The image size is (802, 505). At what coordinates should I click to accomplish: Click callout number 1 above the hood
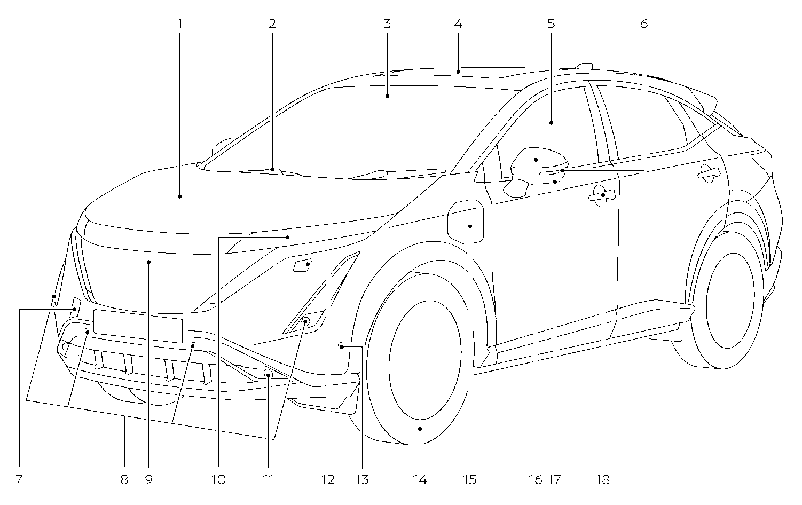[180, 24]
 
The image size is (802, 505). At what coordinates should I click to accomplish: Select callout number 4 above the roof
[458, 24]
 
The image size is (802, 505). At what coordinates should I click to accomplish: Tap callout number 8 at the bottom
[124, 480]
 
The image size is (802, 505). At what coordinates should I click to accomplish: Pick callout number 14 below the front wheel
[420, 480]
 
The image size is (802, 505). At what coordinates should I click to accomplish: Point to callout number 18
[603, 480]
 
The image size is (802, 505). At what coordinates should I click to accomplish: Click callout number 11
[268, 480]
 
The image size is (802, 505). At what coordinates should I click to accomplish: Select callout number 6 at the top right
[643, 24]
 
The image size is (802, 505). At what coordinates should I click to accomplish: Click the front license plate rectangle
[138, 326]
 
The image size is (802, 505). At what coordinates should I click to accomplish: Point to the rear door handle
[708, 172]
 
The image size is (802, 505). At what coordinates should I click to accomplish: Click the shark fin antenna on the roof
[584, 66]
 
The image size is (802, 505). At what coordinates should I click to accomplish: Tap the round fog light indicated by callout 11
[268, 375]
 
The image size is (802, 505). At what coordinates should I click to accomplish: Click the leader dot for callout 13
[341, 346]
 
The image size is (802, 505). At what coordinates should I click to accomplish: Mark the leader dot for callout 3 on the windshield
[387, 96]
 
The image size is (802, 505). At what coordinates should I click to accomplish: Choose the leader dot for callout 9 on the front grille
[149, 262]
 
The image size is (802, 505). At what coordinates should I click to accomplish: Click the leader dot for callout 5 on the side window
[551, 123]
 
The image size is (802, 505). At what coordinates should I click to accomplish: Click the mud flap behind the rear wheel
[666, 332]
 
